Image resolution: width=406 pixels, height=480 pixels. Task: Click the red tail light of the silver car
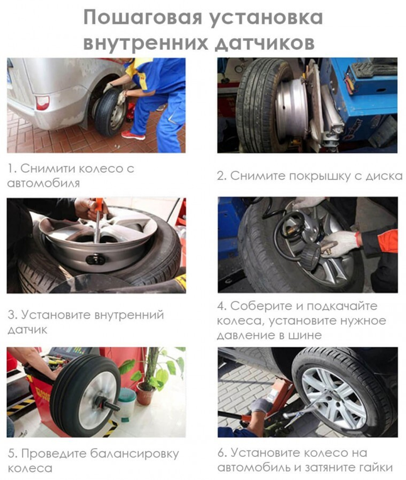(42, 103)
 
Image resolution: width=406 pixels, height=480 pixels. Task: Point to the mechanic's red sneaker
(133, 135)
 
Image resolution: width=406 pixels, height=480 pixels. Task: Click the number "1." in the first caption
(12, 168)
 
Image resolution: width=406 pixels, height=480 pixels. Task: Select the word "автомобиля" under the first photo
(43, 183)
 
